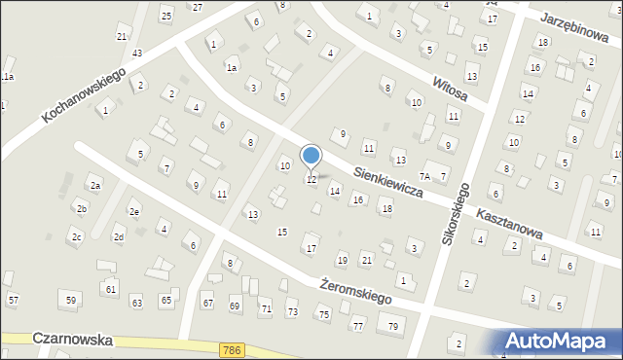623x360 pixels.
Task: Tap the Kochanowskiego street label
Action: [x=86, y=89]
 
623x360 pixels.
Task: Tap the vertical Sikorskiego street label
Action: [x=457, y=212]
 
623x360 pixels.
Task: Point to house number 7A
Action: [x=425, y=176]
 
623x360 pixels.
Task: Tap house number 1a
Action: [x=232, y=67]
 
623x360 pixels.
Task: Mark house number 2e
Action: [x=134, y=212]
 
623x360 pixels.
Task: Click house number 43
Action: [x=137, y=53]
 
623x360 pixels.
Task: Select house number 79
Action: [x=393, y=325]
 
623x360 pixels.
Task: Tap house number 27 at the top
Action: [x=198, y=7]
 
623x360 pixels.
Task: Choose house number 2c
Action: [x=75, y=236]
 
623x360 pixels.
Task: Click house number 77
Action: [x=358, y=325]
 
